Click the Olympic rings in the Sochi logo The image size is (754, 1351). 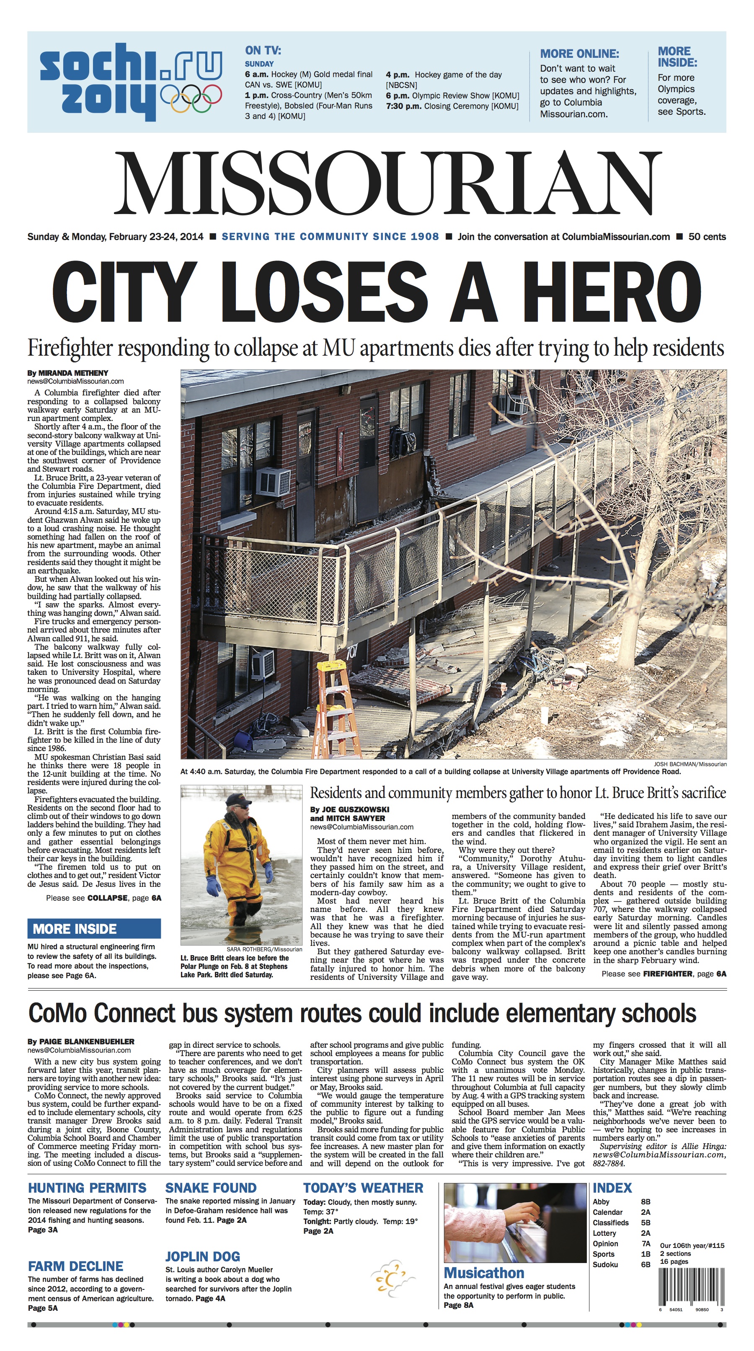tap(191, 98)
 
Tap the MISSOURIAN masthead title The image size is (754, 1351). tap(387, 183)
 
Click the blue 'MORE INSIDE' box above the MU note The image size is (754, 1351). tap(94, 929)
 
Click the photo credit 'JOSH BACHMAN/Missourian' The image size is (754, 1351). tap(690, 764)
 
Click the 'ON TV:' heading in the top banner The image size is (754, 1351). tap(263, 50)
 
